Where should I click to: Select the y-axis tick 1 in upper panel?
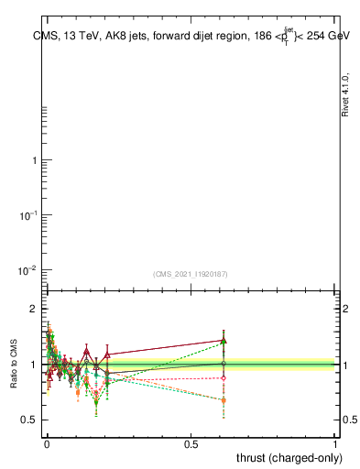click(x=34, y=160)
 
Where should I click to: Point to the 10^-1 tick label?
click(x=27, y=214)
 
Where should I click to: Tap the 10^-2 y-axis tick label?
click(x=27, y=269)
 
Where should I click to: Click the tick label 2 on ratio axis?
click(x=33, y=310)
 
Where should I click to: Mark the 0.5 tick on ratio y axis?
click(x=29, y=420)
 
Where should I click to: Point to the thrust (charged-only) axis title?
click(x=289, y=457)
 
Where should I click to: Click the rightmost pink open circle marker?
click(x=224, y=377)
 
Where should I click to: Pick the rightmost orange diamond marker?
click(x=224, y=400)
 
